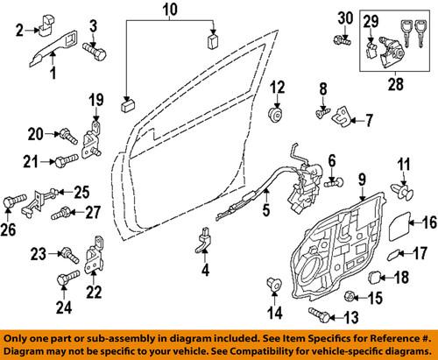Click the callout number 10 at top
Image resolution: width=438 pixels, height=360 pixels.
coord(167,12)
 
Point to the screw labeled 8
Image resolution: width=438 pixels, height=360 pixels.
coord(321,112)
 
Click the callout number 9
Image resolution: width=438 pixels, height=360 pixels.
coord(359,180)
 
